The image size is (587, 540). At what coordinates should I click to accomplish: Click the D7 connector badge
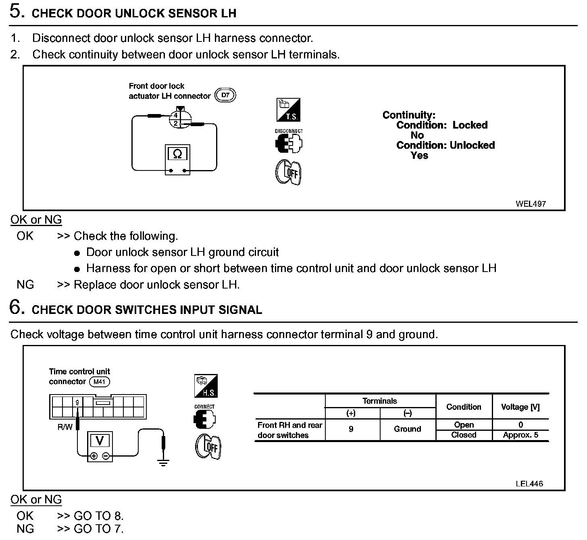(x=225, y=96)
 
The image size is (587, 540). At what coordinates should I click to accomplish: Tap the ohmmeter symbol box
(x=177, y=154)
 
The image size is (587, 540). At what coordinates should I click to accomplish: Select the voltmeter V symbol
(x=100, y=440)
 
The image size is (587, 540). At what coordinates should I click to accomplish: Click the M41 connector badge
(x=99, y=382)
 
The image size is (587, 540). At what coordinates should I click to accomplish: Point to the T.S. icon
(x=288, y=110)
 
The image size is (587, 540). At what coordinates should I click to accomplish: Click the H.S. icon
(x=206, y=386)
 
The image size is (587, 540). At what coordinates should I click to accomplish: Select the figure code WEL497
(x=531, y=204)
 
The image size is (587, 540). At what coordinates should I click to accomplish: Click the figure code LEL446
(x=529, y=484)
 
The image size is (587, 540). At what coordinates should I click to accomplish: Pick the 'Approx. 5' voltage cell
(x=520, y=435)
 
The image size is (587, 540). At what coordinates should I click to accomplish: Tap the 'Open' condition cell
(x=464, y=425)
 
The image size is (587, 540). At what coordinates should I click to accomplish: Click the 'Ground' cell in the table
(x=407, y=429)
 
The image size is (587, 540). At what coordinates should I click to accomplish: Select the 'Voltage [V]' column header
(x=520, y=407)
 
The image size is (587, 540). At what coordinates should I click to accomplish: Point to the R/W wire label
(x=65, y=427)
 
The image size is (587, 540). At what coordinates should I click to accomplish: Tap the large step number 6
(x=15, y=307)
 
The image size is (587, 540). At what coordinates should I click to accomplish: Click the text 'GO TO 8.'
(x=99, y=516)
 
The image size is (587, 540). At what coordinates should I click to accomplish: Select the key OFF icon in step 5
(x=289, y=173)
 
